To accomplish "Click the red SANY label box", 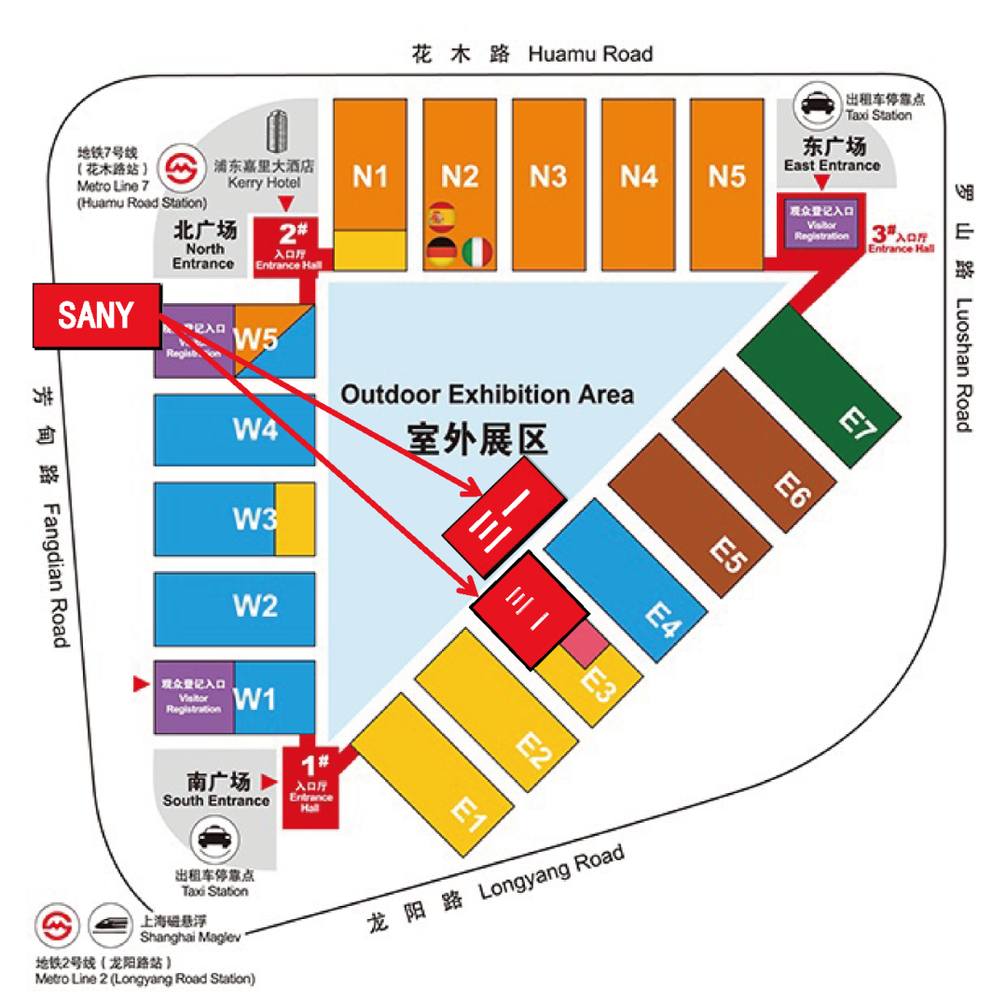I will coord(97,316).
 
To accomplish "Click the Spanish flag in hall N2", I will coord(438,218).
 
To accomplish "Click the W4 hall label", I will coord(255,431).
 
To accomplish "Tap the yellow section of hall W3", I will coord(295,520).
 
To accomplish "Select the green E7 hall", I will coord(821,387).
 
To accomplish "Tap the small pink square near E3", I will coord(585,645).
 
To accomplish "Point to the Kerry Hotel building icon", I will coord(278,134).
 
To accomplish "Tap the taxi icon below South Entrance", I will coord(214,840).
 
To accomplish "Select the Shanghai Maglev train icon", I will coord(113,925).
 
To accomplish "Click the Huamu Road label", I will coord(590,53).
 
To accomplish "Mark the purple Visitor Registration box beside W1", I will coord(194,697).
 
